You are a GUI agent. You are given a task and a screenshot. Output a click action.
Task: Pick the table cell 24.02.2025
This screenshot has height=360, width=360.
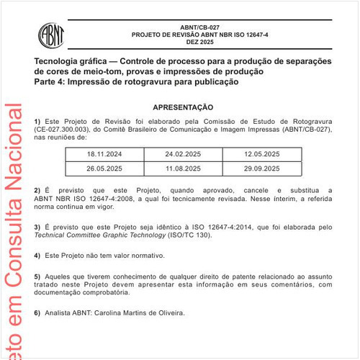(183, 155)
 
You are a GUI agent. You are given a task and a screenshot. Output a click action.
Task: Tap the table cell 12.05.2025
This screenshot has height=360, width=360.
(261, 155)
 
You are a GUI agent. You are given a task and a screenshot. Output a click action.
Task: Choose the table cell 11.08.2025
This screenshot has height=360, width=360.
(183, 168)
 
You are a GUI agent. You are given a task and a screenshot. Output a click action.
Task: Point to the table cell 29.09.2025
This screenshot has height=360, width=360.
(261, 168)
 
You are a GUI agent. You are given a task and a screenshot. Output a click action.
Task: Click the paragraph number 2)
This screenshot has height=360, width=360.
(37, 189)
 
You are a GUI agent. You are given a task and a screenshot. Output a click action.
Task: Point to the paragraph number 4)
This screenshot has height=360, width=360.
(37, 256)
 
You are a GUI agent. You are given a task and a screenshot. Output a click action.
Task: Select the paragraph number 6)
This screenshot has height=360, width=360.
(37, 313)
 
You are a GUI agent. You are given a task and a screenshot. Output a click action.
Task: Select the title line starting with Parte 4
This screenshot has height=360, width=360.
(136, 83)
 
